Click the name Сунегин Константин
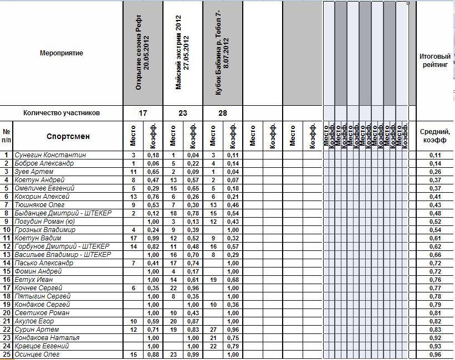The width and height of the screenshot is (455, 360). (x=50, y=155)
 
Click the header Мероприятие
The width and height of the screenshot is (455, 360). (x=62, y=53)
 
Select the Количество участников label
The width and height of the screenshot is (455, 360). (x=62, y=113)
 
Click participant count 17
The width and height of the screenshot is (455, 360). (x=143, y=113)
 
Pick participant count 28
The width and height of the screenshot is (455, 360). (x=223, y=113)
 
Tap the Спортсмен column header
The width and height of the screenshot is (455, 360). (x=68, y=136)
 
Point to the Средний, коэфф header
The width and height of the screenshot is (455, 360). (x=435, y=136)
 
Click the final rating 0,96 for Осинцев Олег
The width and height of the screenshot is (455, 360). (x=435, y=354)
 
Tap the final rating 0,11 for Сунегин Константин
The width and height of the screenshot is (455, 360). (x=435, y=155)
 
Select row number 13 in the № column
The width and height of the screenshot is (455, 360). (x=7, y=255)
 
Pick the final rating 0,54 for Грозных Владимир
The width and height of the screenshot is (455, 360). (x=435, y=230)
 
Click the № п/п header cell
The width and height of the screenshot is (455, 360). (x=7, y=136)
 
